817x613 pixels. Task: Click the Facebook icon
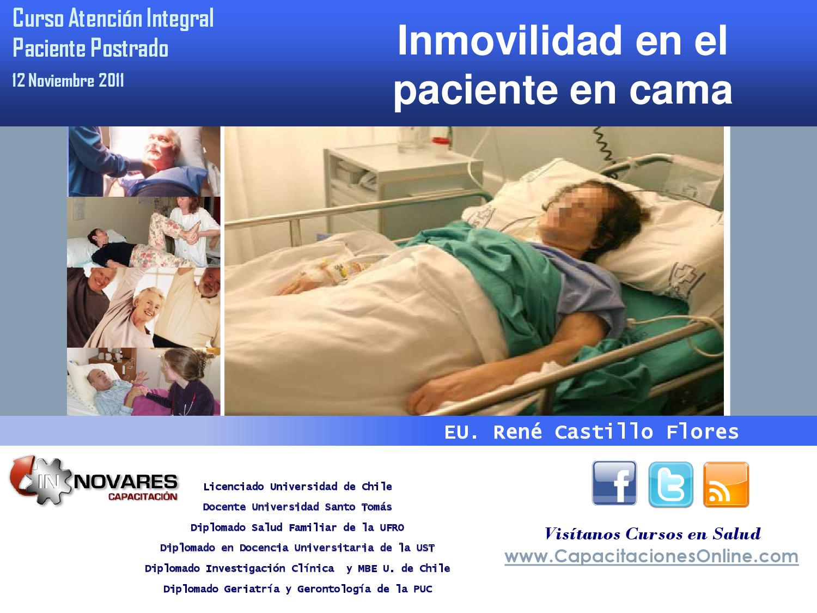614,483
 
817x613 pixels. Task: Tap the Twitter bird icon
670,484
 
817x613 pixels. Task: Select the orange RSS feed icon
726,484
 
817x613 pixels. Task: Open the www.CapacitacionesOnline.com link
651,556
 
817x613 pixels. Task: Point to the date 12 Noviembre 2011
69,81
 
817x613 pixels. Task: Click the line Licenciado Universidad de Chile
297,487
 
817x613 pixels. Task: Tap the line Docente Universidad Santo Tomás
297,507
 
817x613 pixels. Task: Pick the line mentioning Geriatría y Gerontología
297,589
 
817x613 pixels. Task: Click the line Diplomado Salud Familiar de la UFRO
297,527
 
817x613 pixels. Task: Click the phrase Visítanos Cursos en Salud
652,533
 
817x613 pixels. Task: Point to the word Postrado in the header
129,48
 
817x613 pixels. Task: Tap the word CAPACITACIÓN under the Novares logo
142,496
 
